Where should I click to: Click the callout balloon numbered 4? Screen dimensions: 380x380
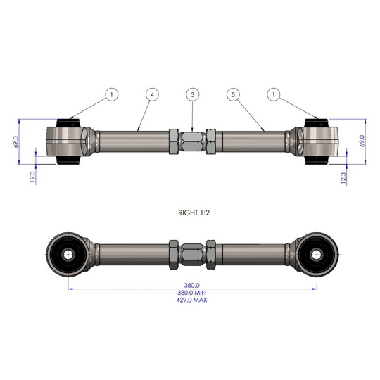tap(152, 94)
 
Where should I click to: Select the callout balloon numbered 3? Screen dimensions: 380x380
tap(193, 94)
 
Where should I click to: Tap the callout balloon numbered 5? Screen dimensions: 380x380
tap(233, 94)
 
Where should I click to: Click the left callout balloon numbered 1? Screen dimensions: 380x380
tap(112, 94)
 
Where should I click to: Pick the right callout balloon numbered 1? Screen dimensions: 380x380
tap(274, 94)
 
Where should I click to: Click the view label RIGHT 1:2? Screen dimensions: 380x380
tap(194, 213)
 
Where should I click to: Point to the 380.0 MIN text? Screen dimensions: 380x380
tap(191, 293)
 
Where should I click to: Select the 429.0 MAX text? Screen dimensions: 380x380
tap(191, 300)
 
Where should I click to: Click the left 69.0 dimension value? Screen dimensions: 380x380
tap(15, 141)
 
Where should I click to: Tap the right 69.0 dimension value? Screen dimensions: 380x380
tap(362, 141)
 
